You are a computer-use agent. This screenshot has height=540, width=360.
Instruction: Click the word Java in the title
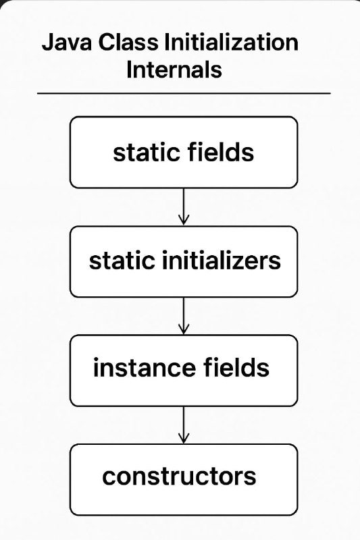coord(66,43)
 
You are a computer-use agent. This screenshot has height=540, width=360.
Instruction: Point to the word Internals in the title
coord(174,70)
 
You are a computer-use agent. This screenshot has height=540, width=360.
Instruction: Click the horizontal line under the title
coord(184,93)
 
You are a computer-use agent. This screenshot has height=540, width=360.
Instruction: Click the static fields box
coord(184,153)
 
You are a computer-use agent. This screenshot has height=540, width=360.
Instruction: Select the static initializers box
coord(184,261)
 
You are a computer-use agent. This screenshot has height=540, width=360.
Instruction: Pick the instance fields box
coord(184,371)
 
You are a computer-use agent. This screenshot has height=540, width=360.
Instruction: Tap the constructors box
coord(184,480)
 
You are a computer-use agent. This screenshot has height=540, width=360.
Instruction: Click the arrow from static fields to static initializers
coord(184,207)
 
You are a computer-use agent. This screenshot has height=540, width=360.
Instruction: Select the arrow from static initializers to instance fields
coord(184,316)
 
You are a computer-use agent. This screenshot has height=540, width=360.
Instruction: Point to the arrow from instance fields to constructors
coord(184,425)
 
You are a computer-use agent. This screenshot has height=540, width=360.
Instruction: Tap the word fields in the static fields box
coord(220,152)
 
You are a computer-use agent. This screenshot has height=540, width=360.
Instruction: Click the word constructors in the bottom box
coord(179,477)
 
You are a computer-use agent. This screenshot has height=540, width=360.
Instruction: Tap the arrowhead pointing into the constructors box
coord(184,439)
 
